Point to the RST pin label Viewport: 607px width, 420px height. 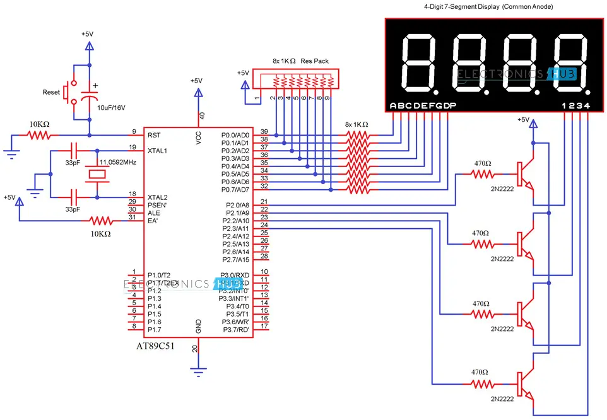pos(154,135)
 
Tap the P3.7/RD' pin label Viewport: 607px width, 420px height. pos(235,329)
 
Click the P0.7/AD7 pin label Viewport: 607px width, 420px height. pos(235,190)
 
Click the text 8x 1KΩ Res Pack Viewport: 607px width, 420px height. pos(300,61)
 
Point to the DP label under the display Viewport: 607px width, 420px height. pos(449,105)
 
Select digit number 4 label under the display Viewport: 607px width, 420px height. pos(587,105)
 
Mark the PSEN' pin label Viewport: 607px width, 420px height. pos(158,205)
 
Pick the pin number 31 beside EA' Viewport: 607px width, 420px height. pos(133,218)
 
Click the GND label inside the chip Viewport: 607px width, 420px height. pos(198,326)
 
